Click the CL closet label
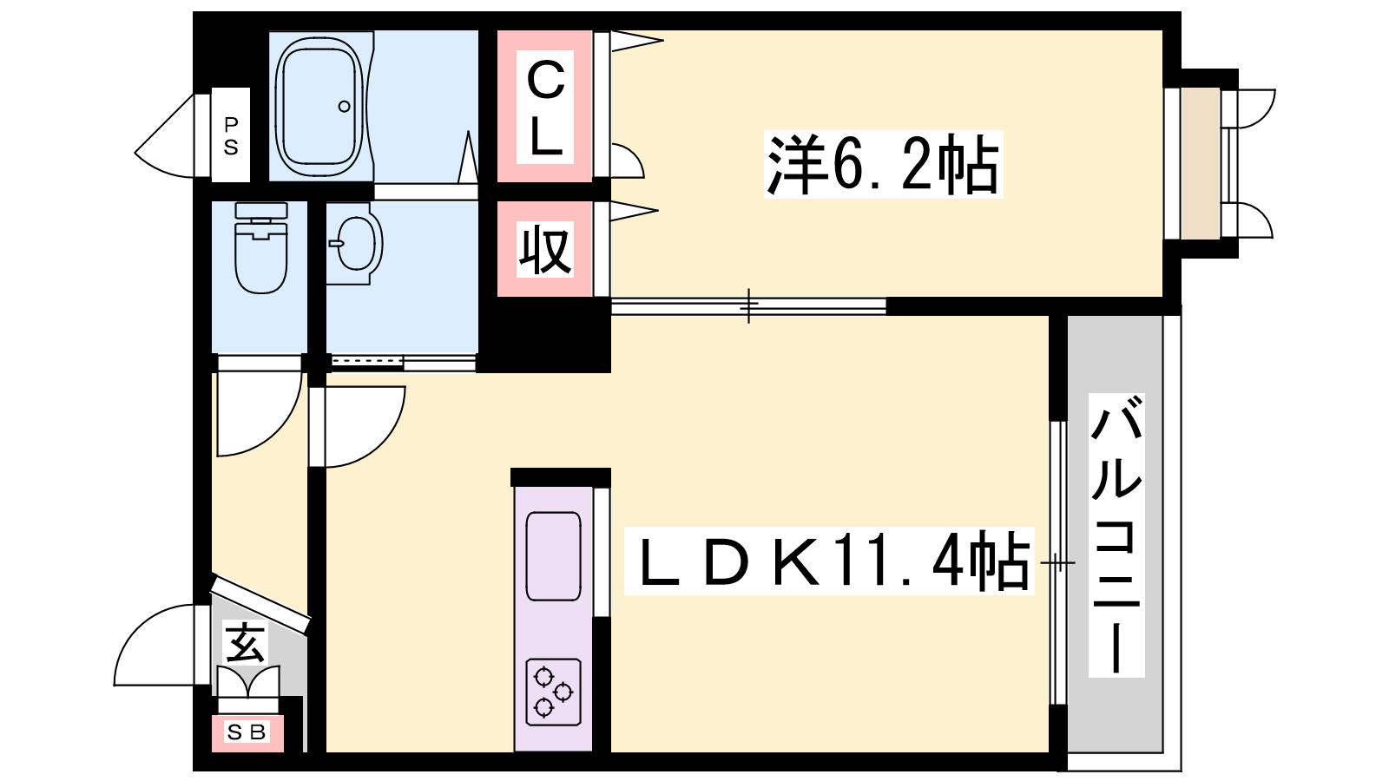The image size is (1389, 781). tap(545, 108)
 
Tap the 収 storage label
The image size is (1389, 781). tap(545, 251)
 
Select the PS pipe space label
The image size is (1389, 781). tap(231, 135)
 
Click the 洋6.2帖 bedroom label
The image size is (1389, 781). tap(883, 164)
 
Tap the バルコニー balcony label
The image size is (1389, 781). tap(1116, 535)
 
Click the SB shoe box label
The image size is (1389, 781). tap(247, 732)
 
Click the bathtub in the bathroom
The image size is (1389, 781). tap(320, 106)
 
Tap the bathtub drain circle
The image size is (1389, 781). tap(344, 107)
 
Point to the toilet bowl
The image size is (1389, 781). tap(261, 260)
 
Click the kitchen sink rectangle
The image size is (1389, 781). tap(553, 556)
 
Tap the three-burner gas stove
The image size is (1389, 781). tap(553, 692)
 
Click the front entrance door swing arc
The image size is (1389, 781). tap(155, 645)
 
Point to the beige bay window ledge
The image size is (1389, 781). tap(1201, 164)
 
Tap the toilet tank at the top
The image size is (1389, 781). tap(261, 211)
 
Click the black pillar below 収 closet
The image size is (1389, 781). tap(544, 335)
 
